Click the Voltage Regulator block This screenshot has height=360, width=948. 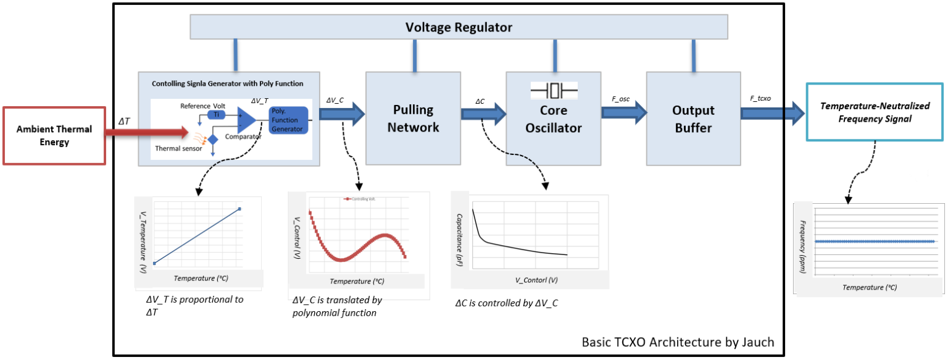[x=458, y=28]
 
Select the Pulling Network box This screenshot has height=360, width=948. [x=413, y=119]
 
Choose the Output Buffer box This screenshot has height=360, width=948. [x=693, y=119]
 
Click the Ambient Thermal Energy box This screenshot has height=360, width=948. [x=54, y=136]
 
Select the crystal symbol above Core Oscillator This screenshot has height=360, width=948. [x=554, y=91]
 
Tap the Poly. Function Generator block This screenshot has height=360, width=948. [x=288, y=120]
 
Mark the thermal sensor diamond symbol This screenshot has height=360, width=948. [x=213, y=140]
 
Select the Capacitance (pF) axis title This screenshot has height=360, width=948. [x=460, y=240]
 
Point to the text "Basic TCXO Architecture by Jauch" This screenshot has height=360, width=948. [x=677, y=341]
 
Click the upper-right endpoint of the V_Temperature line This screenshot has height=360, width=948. [x=239, y=209]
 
